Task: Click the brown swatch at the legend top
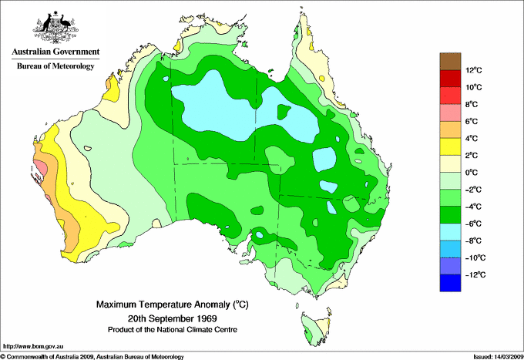click(449, 62)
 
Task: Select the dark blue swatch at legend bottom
click(449, 283)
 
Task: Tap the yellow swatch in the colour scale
click(449, 147)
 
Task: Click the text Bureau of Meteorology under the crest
click(55, 66)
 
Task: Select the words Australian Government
click(55, 52)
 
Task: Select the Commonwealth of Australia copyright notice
click(92, 356)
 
